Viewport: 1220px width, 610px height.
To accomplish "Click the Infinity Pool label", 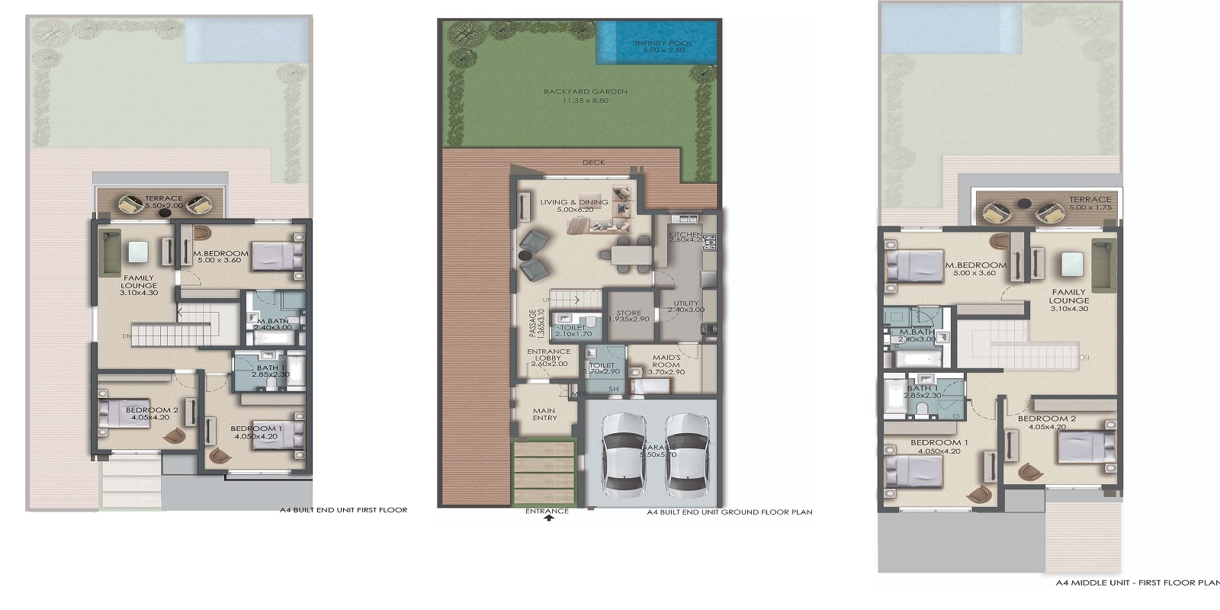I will (x=663, y=47).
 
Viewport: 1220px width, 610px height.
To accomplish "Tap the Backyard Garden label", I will (x=586, y=96).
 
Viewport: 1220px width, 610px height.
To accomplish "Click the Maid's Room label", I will (x=666, y=364).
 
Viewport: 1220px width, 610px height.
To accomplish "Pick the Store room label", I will (x=629, y=316).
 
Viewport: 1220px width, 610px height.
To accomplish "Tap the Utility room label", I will (x=685, y=307).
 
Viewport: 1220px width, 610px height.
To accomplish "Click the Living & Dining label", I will (x=574, y=206).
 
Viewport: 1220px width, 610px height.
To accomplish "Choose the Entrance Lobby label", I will (x=548, y=358).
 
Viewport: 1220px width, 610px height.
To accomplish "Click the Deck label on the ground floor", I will (x=593, y=162).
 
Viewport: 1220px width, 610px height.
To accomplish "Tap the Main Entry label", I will (x=544, y=414).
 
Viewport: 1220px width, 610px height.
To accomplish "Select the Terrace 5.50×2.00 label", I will (x=164, y=203).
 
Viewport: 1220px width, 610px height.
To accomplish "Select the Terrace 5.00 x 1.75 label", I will (x=1090, y=204).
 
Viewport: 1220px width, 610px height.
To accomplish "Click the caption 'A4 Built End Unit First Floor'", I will (x=343, y=510).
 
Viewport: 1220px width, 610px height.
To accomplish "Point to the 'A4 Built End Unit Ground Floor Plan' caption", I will (x=729, y=512).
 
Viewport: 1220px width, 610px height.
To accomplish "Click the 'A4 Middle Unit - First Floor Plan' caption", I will (x=1137, y=583).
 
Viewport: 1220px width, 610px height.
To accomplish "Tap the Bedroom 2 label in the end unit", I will (x=152, y=414).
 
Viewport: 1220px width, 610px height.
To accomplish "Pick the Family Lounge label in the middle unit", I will (x=1070, y=300).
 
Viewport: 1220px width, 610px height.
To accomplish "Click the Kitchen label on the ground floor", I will (x=685, y=237).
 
